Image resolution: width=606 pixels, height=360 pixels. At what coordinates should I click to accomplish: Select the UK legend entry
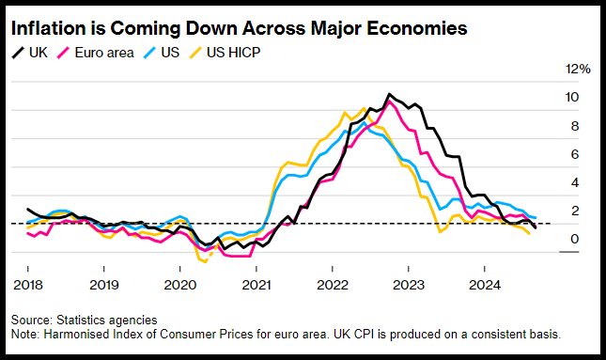[30, 53]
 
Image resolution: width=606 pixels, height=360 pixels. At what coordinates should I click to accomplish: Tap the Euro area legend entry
[96, 53]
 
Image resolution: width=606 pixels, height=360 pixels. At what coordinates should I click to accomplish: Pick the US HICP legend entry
[225, 53]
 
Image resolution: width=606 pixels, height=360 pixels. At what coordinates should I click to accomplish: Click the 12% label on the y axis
[578, 69]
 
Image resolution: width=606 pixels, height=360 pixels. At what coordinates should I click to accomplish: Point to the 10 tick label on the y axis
[572, 97]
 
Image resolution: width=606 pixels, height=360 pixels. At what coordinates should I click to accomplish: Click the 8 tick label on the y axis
[575, 126]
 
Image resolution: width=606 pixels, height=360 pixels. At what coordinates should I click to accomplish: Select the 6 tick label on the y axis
[575, 154]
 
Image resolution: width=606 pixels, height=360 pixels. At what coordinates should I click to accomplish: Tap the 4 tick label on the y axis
[575, 182]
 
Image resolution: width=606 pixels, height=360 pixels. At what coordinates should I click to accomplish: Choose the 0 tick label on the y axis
[575, 239]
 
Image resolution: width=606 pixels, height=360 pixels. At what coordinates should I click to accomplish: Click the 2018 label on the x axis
[28, 285]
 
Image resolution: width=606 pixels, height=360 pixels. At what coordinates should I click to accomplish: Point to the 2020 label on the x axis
[180, 285]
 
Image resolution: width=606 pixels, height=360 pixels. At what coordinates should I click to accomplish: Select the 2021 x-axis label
[256, 285]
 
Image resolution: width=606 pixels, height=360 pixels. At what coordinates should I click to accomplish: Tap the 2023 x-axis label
[409, 285]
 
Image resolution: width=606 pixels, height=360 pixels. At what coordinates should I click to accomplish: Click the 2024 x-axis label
[485, 285]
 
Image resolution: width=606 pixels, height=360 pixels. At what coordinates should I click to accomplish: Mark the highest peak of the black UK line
[389, 94]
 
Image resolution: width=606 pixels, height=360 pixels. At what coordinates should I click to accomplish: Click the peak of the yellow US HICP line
[364, 108]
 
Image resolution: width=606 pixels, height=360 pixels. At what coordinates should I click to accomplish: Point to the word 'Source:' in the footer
[32, 321]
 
